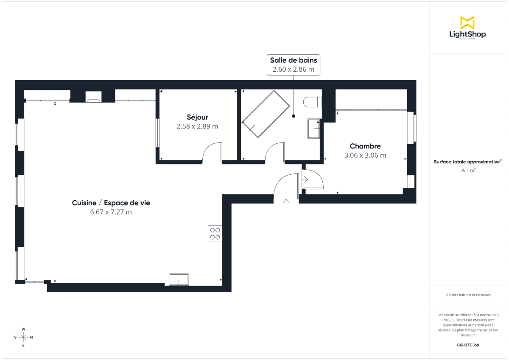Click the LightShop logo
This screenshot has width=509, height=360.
[467, 28]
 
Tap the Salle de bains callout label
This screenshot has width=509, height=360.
[294, 65]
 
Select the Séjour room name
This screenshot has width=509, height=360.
[197, 117]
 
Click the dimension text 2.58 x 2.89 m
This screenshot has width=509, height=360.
[197, 126]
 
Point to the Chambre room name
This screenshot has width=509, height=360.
[365, 146]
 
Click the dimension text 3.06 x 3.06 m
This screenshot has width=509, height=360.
[365, 155]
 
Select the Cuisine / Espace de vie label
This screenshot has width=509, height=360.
[111, 203]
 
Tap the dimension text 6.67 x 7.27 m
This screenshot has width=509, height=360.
[111, 212]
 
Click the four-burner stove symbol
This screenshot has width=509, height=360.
[215, 233]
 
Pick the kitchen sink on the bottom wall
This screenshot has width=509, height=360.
[179, 280]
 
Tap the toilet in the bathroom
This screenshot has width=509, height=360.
[313, 102]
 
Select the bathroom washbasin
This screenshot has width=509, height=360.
[314, 128]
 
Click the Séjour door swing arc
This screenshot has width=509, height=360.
[212, 153]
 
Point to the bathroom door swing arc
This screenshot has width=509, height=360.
[274, 153]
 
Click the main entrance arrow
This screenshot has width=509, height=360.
[286, 202]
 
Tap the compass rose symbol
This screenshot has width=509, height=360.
[23, 337]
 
